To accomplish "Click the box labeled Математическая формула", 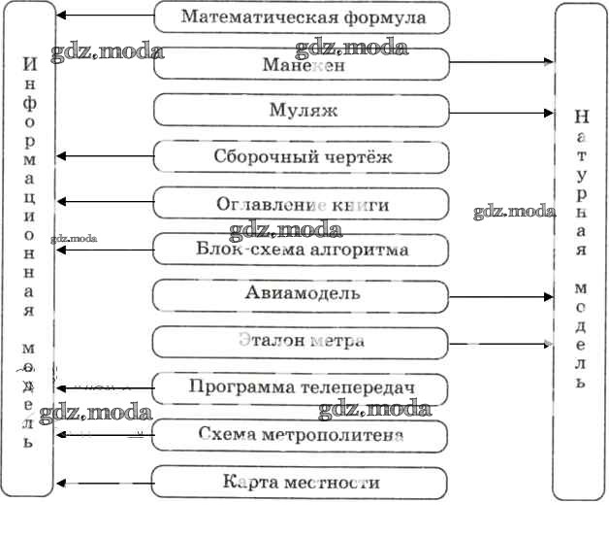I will tap(303, 17).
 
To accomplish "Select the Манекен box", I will tap(303, 64).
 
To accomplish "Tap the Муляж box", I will tap(303, 111).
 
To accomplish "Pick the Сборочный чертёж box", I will tap(303, 156).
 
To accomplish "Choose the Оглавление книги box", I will tap(303, 204).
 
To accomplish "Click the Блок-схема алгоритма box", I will tap(303, 250).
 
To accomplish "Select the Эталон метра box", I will tap(301, 342).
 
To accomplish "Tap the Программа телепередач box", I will tap(303, 388).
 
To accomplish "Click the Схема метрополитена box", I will tap(301, 435).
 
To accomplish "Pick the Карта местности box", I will tap(301, 482).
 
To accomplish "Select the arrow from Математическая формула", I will tap(105, 17).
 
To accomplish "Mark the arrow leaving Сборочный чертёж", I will tap(105, 155).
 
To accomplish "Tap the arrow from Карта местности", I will tap(105, 482).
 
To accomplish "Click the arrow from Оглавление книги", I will tap(105, 202).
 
